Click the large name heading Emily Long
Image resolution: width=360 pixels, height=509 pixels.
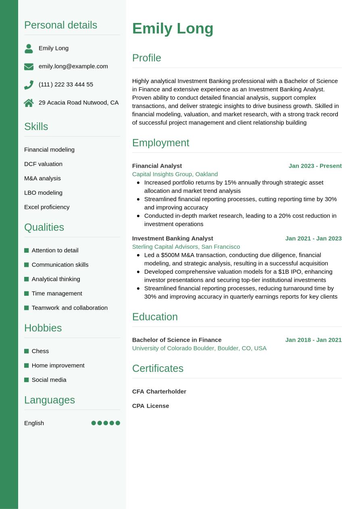pyautogui.click(x=173, y=29)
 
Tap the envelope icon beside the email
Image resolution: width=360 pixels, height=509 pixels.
pyautogui.click(x=29, y=66)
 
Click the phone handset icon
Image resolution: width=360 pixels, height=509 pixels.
pyautogui.click(x=29, y=85)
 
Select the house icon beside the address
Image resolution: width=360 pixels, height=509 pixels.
pyautogui.click(x=29, y=103)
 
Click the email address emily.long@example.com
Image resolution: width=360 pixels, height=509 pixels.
pyautogui.click(x=73, y=66)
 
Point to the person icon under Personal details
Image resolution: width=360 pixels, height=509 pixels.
pyautogui.click(x=29, y=48)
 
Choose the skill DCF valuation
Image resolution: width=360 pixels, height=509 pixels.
pyautogui.click(x=43, y=164)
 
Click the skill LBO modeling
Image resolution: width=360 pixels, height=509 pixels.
pyautogui.click(x=43, y=193)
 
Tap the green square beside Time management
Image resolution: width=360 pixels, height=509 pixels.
pyautogui.click(x=27, y=293)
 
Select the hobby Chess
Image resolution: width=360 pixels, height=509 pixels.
pyautogui.click(x=40, y=351)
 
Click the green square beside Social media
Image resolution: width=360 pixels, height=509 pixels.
pyautogui.click(x=27, y=380)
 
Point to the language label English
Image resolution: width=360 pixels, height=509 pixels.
pyautogui.click(x=34, y=423)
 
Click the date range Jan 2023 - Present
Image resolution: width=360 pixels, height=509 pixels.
pyautogui.click(x=315, y=166)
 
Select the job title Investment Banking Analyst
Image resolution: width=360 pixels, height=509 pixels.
pyautogui.click(x=173, y=238)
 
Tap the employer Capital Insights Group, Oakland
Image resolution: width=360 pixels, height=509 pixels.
pyautogui.click(x=175, y=174)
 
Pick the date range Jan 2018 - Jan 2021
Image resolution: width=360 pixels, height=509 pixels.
pyautogui.click(x=313, y=340)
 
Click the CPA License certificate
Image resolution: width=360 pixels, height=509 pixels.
pyautogui.click(x=150, y=406)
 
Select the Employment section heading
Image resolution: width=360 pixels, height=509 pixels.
pyautogui.click(x=160, y=143)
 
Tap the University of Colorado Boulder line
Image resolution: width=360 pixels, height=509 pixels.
pyautogui.click(x=199, y=348)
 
